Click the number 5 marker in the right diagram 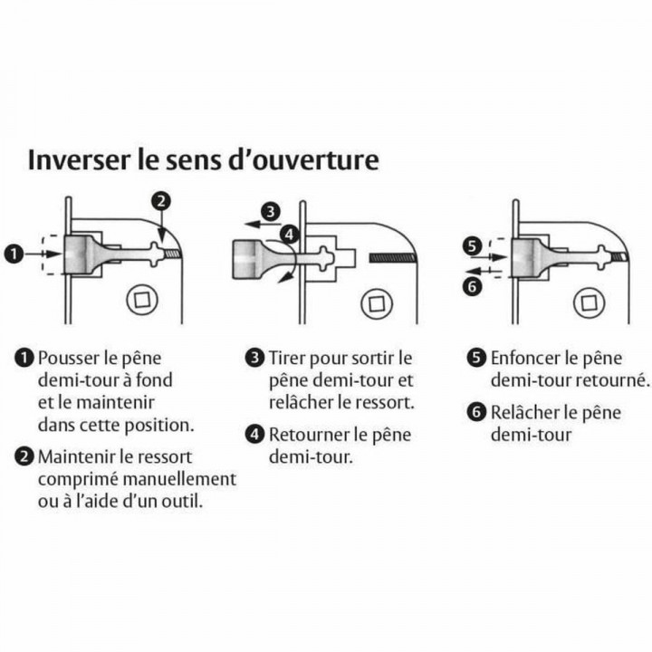(x=471, y=244)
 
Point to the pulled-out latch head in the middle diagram (x=251, y=258)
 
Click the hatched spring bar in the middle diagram (x=392, y=258)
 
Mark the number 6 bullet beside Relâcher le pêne (x=477, y=412)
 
